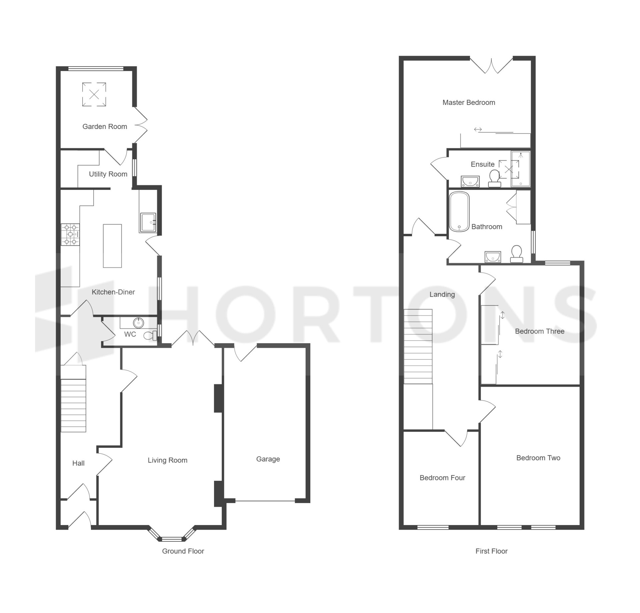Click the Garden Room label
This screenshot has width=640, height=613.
click(x=105, y=127)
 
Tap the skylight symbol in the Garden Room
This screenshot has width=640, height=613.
click(x=94, y=95)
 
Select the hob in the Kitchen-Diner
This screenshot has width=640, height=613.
click(x=70, y=235)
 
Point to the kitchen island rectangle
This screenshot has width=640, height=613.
click(x=112, y=246)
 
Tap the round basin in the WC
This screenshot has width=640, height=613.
click(x=138, y=322)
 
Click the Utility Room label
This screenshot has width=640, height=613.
click(x=108, y=174)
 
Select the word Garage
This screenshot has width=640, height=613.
click(x=268, y=459)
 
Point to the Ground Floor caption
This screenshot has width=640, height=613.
click(x=183, y=551)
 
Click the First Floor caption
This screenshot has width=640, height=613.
click(x=491, y=551)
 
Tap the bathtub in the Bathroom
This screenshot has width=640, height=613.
click(x=459, y=212)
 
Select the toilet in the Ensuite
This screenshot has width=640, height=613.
click(x=494, y=178)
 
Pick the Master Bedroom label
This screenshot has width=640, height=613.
click(x=469, y=103)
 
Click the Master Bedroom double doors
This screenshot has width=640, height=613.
click(x=491, y=66)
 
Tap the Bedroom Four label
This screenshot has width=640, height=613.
click(x=442, y=478)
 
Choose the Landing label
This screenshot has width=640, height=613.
click(x=442, y=295)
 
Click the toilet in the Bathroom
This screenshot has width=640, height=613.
click(x=517, y=254)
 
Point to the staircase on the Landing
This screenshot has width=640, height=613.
click(x=418, y=346)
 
